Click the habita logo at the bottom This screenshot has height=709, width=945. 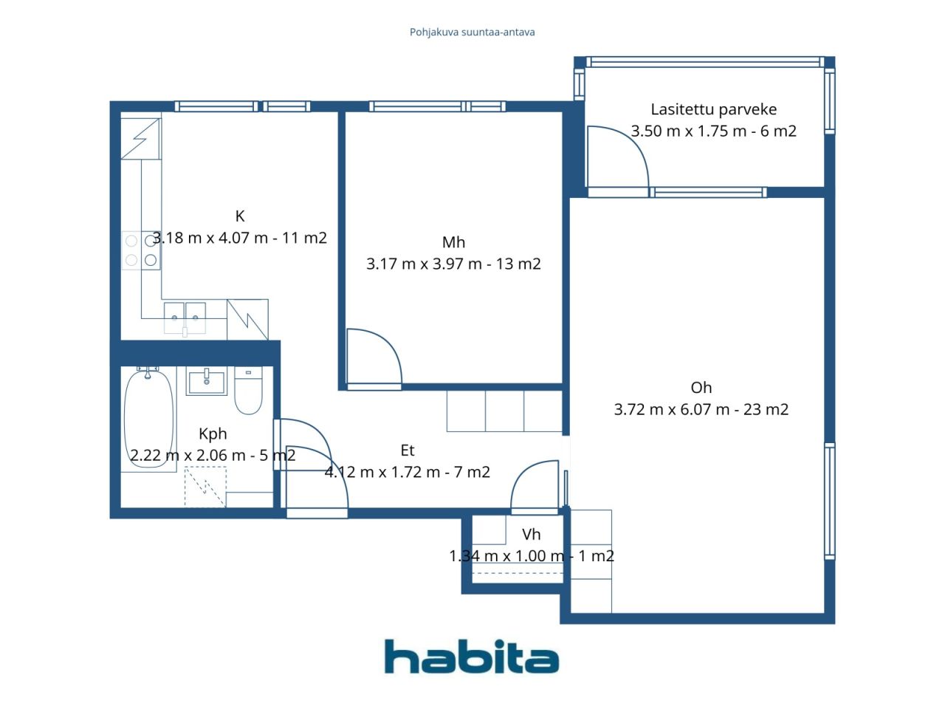click(472, 657)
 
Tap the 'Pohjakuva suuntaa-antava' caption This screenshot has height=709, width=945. click(472, 32)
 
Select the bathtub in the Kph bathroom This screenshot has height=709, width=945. click(149, 417)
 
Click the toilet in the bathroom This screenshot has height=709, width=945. click(248, 391)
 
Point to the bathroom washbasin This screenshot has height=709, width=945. click(206, 381)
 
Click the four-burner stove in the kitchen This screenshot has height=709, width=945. click(141, 250)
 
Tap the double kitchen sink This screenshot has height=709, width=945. click(185, 318)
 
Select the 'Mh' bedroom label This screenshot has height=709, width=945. click(453, 242)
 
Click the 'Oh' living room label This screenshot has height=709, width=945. click(701, 388)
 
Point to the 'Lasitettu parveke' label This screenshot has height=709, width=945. click(713, 109)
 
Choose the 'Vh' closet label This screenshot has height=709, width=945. click(531, 535)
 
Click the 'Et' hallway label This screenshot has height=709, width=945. click(408, 451)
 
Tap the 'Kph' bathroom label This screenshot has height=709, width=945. click(213, 434)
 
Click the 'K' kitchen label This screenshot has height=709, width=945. click(240, 216)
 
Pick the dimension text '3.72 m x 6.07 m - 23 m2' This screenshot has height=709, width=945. click(701, 409)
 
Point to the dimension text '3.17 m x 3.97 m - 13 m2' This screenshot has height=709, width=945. click(453, 264)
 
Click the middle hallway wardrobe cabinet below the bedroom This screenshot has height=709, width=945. click(504, 411)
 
